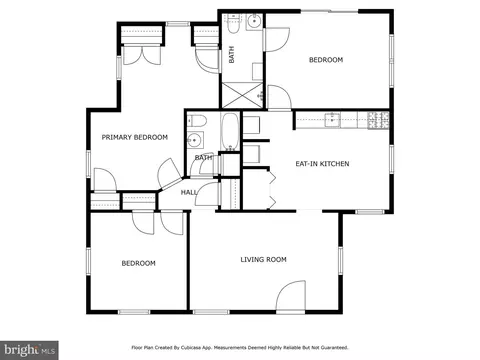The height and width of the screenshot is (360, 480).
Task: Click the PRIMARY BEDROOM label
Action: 134,137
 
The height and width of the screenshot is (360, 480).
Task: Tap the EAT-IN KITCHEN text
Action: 321,163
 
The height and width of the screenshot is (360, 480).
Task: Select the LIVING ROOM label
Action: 263,259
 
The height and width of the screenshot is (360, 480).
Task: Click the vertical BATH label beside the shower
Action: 232,56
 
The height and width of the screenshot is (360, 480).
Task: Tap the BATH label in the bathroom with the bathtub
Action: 203,158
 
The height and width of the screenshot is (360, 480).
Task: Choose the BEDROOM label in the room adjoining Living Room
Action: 138,263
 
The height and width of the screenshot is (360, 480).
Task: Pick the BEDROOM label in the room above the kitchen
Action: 325,60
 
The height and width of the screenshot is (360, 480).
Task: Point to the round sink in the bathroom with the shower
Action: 254,20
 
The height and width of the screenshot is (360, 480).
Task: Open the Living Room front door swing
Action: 291,296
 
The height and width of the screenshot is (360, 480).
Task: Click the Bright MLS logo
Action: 29,349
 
